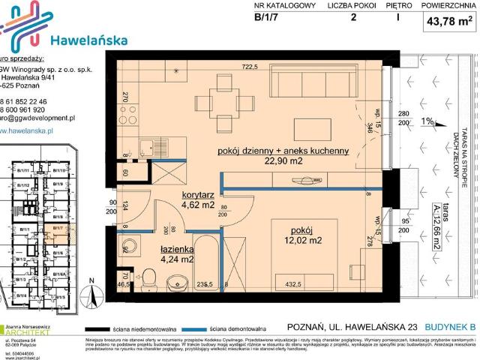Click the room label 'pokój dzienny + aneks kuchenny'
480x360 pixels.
(283, 150)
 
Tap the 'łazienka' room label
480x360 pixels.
(177, 249)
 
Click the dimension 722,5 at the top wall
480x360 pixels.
(250, 66)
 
